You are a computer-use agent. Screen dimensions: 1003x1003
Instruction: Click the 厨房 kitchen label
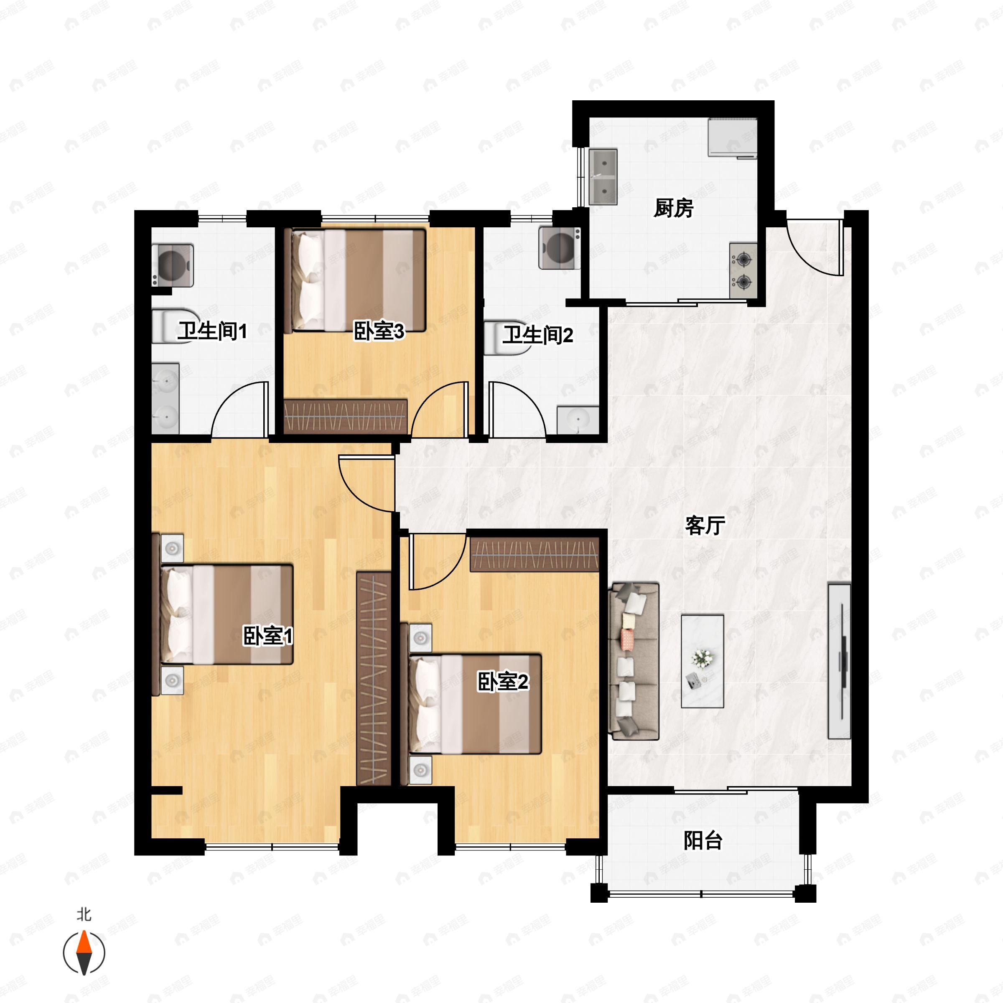[673, 208]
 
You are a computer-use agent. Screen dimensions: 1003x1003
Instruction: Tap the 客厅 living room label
[705, 525]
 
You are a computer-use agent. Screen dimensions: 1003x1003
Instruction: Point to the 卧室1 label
[268, 636]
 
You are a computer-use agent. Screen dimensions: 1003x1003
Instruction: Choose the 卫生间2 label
[538, 335]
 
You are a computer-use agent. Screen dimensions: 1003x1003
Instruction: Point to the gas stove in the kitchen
[743, 270]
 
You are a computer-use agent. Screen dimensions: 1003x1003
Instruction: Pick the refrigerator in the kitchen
[733, 137]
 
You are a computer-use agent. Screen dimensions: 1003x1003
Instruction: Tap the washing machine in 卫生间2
[560, 248]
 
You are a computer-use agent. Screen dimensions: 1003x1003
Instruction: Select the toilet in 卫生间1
[176, 326]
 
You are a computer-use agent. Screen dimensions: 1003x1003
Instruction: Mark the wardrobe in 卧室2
[534, 555]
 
